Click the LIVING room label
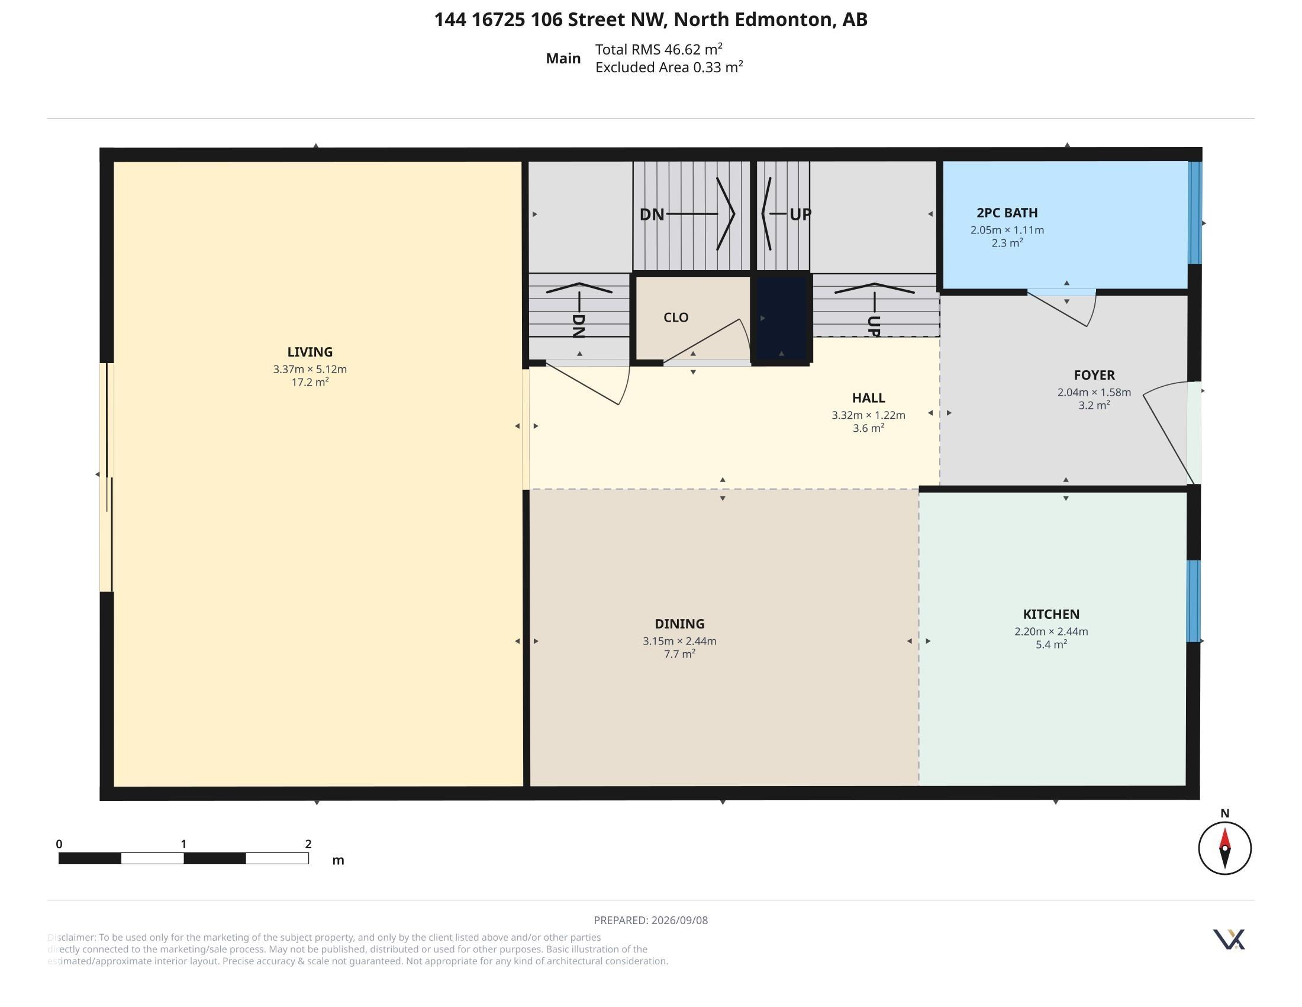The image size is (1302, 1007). (310, 352)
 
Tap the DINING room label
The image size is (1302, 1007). (679, 624)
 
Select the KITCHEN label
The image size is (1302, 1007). (1051, 614)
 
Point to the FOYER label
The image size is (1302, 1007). (1094, 375)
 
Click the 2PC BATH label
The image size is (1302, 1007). (1007, 213)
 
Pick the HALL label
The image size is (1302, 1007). (869, 398)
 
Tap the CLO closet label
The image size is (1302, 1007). (676, 318)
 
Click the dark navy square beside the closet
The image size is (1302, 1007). (782, 319)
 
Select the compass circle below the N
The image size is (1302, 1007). (1224, 848)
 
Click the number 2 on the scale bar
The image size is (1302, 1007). (308, 844)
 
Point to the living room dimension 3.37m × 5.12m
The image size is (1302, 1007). (310, 369)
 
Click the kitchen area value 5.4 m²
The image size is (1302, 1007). (1051, 644)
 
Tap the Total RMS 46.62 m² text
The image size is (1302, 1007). (659, 49)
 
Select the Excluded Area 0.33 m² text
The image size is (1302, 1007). (669, 68)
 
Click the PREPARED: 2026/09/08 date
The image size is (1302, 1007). (651, 920)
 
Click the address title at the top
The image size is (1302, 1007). (651, 20)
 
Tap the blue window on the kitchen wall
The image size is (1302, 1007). (1194, 601)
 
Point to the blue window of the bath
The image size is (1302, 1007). (1195, 213)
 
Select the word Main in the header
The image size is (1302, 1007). (563, 59)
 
